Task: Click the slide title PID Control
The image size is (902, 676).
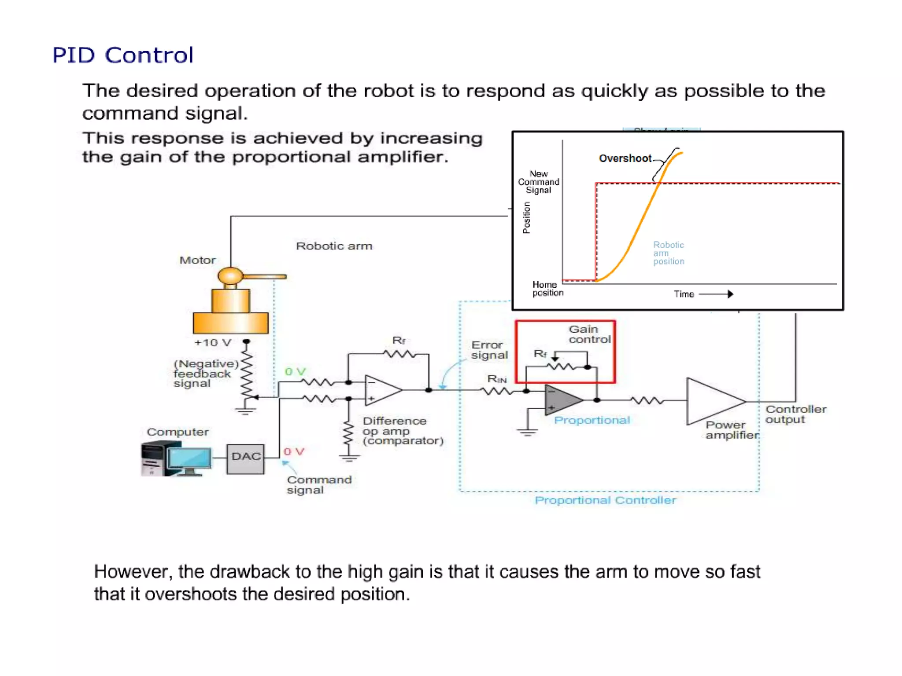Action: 122,55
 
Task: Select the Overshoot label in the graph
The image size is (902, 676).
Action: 625,158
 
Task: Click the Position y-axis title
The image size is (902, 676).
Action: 526,217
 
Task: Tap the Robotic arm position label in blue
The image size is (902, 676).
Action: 668,253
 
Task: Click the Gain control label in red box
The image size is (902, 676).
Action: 589,334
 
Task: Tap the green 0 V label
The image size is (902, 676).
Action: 295,372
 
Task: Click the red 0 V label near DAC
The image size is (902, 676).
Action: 294,452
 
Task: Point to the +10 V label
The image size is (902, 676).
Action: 213,343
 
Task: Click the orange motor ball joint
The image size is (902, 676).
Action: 230,276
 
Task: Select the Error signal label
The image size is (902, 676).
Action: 489,350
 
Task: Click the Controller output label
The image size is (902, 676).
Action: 795,414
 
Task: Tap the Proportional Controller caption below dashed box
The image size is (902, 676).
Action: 605,500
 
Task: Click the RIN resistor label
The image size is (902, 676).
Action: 496,379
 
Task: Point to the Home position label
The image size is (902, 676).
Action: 547,289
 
